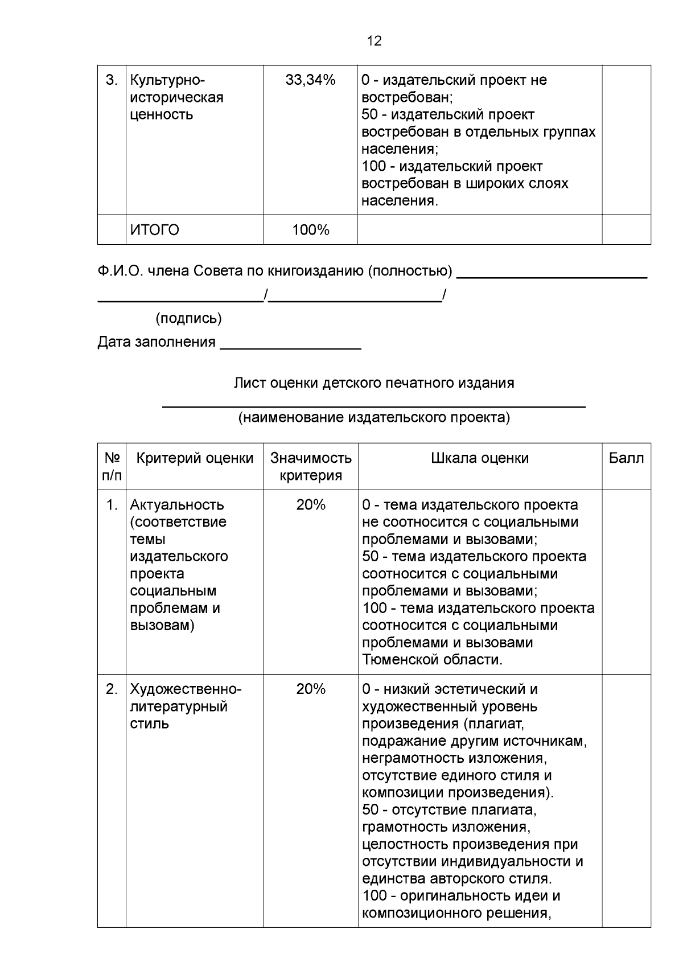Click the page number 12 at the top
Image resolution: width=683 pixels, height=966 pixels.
tap(374, 40)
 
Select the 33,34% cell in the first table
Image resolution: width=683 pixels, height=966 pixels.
tap(310, 80)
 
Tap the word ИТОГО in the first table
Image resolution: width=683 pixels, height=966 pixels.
tap(154, 230)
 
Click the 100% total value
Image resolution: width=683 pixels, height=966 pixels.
tap(310, 230)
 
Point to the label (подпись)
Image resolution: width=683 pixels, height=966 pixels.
tap(188, 318)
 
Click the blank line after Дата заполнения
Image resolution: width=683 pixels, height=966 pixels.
tap(290, 344)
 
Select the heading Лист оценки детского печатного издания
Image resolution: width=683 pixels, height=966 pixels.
tap(374, 383)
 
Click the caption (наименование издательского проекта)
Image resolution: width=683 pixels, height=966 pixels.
tap(374, 418)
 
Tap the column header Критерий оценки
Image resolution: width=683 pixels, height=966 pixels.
tap(195, 458)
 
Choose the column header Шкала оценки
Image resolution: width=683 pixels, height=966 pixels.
tap(480, 458)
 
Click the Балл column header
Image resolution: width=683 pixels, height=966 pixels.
tap(626, 458)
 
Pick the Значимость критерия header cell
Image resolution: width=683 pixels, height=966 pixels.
tap(311, 467)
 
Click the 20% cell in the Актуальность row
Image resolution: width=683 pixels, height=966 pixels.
tap(310, 505)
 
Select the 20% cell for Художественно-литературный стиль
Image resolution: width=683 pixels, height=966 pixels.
tap(310, 689)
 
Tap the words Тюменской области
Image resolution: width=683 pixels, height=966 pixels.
tap(431, 660)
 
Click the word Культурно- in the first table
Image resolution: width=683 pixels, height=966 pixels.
tap(167, 80)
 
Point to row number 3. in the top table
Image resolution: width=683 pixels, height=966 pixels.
tap(112, 80)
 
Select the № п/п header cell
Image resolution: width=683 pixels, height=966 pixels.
tap(112, 467)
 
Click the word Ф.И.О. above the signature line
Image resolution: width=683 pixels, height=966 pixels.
tap(120, 271)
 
